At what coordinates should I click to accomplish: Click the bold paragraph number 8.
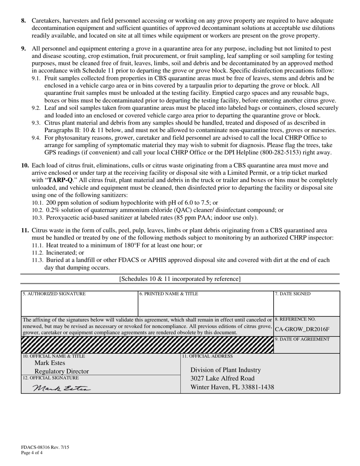23,21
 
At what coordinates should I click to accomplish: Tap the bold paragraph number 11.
25,230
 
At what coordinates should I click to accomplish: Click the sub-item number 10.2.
38,210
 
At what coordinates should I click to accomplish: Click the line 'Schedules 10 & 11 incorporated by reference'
180,279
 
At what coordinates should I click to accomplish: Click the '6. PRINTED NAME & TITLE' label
169,294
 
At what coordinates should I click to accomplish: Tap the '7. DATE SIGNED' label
293,294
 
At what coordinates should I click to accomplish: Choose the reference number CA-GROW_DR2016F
302,329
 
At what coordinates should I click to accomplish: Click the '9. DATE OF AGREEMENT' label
302,339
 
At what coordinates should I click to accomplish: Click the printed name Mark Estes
50,363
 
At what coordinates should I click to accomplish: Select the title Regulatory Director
61,371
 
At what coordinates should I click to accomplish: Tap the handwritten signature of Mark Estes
61,388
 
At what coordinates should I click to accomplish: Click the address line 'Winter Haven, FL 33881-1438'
232,387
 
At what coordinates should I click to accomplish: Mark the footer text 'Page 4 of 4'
32,452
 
